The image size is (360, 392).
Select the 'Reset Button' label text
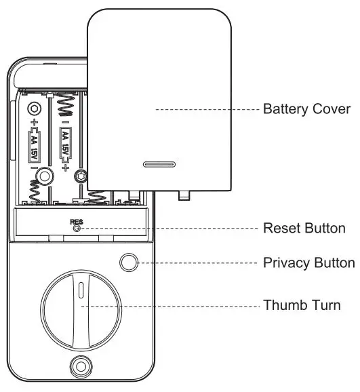[304, 229]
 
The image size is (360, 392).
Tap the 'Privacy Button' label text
[308, 262]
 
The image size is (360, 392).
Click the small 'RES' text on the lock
[75, 222]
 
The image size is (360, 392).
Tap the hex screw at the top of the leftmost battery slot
[34, 107]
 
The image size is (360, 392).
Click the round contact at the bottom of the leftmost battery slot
[45, 176]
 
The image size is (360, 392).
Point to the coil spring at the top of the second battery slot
[66, 104]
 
